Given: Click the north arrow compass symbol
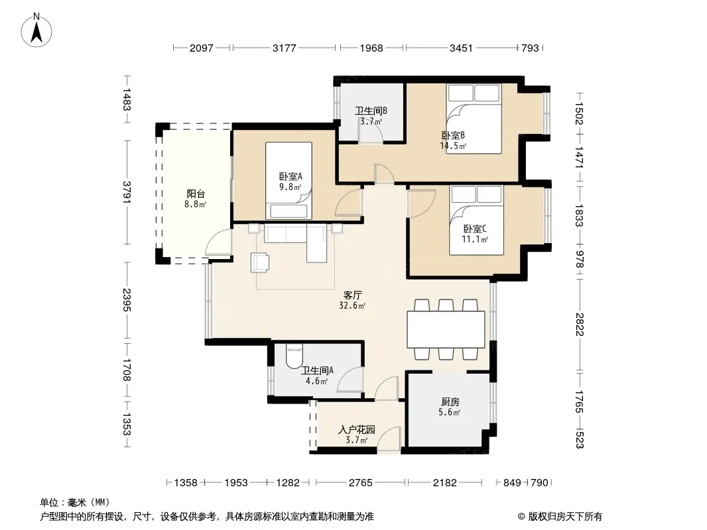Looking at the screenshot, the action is [36, 30].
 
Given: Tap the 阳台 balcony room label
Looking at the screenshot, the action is [196, 194].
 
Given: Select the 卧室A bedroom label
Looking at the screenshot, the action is [290, 176].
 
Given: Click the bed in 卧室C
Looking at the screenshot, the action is [476, 220].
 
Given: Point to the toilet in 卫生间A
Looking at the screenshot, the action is [294, 356].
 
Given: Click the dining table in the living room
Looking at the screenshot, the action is [446, 329].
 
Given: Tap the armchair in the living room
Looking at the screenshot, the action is [260, 263].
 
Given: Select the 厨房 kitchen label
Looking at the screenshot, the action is [450, 401].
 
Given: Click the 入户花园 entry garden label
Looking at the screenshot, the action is [357, 429].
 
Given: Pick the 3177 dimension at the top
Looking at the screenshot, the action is [284, 48].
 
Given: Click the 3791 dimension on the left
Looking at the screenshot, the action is [127, 192].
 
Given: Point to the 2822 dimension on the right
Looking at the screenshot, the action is [580, 324].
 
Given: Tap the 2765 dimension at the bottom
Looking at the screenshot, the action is [360, 483].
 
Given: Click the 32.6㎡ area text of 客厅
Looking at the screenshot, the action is [352, 306].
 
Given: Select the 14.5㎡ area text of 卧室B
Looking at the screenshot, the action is [453, 146].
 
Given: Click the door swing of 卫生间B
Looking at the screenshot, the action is [371, 131].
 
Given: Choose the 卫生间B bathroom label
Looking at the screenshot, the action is [371, 111].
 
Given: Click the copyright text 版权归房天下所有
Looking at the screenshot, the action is [565, 517].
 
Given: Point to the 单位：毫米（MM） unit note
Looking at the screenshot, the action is [75, 503].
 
